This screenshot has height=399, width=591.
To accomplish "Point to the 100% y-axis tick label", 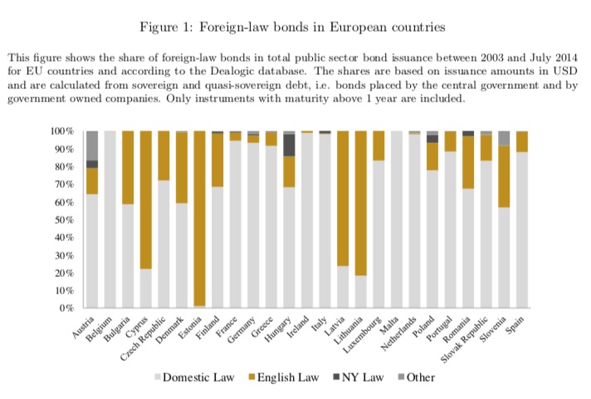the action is pyautogui.click(x=61, y=131).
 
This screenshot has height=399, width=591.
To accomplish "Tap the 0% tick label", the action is pyautogui.click(x=66, y=308).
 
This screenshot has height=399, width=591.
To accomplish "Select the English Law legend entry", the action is pyautogui.click(x=284, y=377).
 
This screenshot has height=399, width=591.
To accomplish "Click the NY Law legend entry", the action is pyautogui.click(x=359, y=377).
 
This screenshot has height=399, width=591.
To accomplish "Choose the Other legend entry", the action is pyautogui.click(x=417, y=377).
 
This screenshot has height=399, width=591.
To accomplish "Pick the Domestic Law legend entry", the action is pyautogui.click(x=194, y=377).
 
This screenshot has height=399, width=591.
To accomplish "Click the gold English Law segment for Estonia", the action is pyautogui.click(x=199, y=218).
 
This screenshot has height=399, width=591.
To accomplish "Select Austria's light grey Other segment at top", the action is pyautogui.click(x=92, y=145).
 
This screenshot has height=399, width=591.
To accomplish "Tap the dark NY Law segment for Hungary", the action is pyautogui.click(x=289, y=145).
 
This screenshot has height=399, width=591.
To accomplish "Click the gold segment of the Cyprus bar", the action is pyautogui.click(x=146, y=200).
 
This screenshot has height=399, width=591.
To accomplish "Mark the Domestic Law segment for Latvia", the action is pyautogui.click(x=343, y=287).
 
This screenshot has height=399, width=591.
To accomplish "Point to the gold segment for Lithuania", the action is pyautogui.click(x=361, y=204).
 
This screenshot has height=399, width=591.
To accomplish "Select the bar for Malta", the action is pyautogui.click(x=397, y=219).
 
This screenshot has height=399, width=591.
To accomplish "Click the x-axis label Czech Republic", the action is pyautogui.click(x=144, y=338).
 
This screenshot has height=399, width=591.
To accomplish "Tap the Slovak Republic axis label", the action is pyautogui.click(x=464, y=340).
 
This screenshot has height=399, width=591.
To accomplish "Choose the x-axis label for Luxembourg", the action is pyautogui.click(x=362, y=335).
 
